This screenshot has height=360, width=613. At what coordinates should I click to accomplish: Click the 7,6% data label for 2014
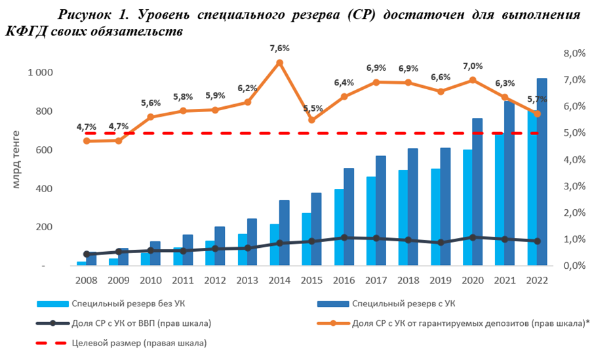point(279,48)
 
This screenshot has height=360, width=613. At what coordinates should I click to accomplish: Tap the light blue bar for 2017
point(371,220)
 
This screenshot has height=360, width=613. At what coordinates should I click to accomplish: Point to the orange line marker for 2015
point(312,120)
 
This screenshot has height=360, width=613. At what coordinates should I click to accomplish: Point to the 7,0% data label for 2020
point(473,66)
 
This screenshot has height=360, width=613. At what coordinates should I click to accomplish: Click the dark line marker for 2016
point(344,237)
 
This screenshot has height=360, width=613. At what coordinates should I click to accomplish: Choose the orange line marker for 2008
point(87,141)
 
